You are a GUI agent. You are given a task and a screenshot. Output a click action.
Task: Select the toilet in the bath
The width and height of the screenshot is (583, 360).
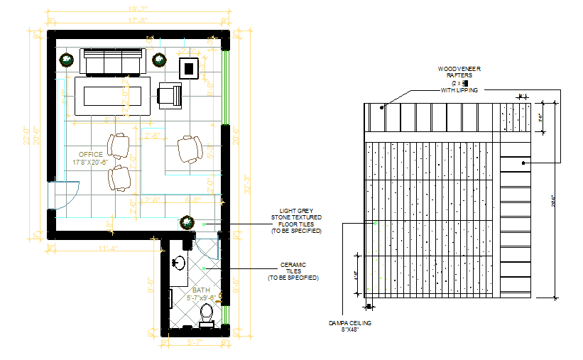[x=207, y=313]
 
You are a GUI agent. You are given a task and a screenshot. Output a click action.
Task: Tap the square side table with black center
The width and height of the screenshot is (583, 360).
[x=189, y=68]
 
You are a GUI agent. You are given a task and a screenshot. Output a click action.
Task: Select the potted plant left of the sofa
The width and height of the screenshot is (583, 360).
[x=66, y=60]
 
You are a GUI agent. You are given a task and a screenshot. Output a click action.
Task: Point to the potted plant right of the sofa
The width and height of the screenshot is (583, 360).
[x=159, y=60]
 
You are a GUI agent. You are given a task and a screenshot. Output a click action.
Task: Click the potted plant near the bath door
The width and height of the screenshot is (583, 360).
[x=187, y=222]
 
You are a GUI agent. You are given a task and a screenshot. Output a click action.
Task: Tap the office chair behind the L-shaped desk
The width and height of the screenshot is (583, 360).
[x=189, y=149]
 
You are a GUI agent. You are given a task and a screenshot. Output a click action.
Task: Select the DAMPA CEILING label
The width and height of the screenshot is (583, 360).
[x=350, y=326]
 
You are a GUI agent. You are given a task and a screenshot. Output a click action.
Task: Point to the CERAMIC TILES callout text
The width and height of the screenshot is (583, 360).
[x=293, y=273]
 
